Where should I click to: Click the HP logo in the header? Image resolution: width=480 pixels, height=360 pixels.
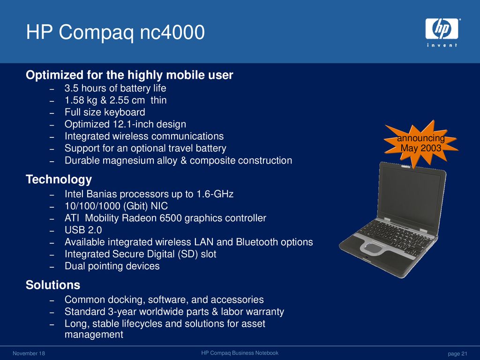(x=442, y=32)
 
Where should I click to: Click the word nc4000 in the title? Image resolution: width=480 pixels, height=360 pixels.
(x=172, y=32)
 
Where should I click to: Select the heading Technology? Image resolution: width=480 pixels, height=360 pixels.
(x=59, y=180)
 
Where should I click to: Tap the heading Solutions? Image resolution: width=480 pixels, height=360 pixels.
(x=53, y=285)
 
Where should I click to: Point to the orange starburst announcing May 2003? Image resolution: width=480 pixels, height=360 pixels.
(x=421, y=143)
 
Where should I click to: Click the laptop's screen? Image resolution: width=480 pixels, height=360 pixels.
(x=410, y=195)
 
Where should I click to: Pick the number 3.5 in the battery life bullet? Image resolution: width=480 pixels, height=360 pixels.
(x=72, y=89)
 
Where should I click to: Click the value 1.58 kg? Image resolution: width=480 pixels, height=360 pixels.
(x=81, y=100)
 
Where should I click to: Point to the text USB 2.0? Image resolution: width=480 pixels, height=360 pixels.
(x=83, y=230)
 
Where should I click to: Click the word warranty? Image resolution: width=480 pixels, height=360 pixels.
(x=265, y=312)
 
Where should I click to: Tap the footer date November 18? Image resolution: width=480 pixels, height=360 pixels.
(x=29, y=353)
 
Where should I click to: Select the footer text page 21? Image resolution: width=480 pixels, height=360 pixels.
(x=457, y=353)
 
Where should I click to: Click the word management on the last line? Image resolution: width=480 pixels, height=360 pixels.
(x=94, y=335)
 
